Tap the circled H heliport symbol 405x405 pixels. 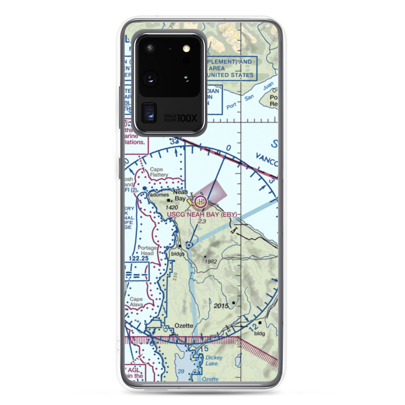point(200,201)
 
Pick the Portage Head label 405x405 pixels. point(146,251)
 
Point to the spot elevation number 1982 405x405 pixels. point(211,261)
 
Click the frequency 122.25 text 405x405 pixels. point(138,257)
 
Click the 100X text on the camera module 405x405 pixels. point(188,119)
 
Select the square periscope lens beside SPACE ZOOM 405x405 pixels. point(149,113)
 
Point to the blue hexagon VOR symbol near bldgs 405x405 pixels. point(190,244)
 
